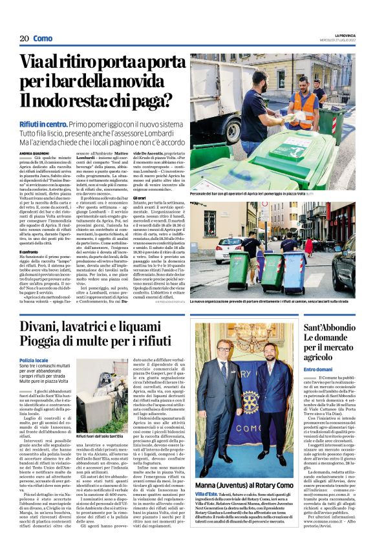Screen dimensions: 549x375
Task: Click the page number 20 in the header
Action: tap(23, 39)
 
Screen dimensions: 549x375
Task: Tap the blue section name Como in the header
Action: tap(43, 39)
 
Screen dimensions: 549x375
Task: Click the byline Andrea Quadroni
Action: tap(35, 153)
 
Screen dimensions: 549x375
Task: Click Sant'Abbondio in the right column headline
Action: tap(329, 328)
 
